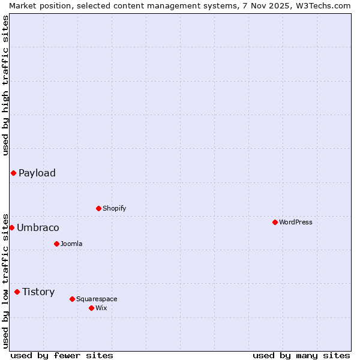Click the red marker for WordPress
(x=275, y=222)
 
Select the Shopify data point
(x=98, y=208)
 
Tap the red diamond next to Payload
(x=13, y=173)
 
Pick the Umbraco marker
(x=11, y=227)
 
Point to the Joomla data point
(x=56, y=244)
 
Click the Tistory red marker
(x=17, y=292)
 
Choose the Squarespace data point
(x=72, y=299)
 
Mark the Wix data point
(x=91, y=308)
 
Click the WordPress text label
(x=296, y=222)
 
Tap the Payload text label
(x=37, y=173)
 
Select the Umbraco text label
(x=38, y=227)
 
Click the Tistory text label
(x=38, y=292)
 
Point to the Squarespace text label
(x=97, y=299)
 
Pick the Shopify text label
(x=114, y=208)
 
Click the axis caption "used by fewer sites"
(x=62, y=355)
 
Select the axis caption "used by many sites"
(x=301, y=355)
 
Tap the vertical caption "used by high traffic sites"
(x=5, y=85)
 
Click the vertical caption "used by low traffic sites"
(x=5, y=280)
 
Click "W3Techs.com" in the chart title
(x=322, y=5)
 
